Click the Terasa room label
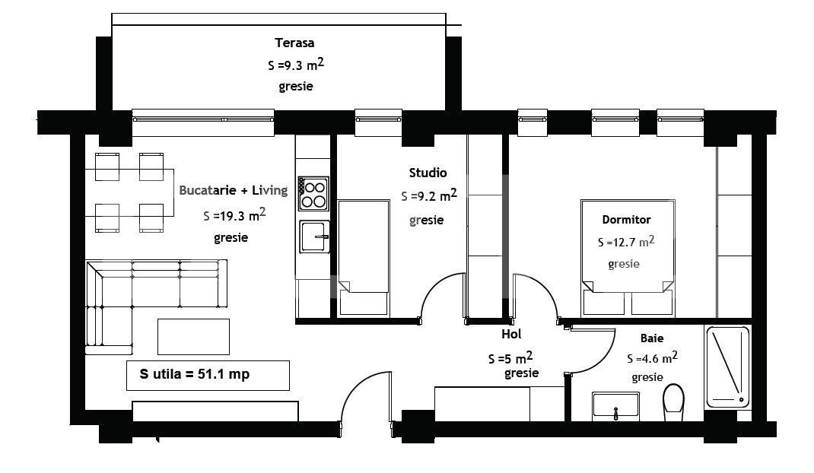(295, 43)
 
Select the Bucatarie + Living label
(233, 190)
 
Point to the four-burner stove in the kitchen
(313, 193)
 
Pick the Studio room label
(428, 173)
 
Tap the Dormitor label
(626, 220)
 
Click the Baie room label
(651, 338)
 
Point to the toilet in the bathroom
(673, 403)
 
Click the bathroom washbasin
(615, 407)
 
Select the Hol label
(510, 334)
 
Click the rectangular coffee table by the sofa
(193, 336)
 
